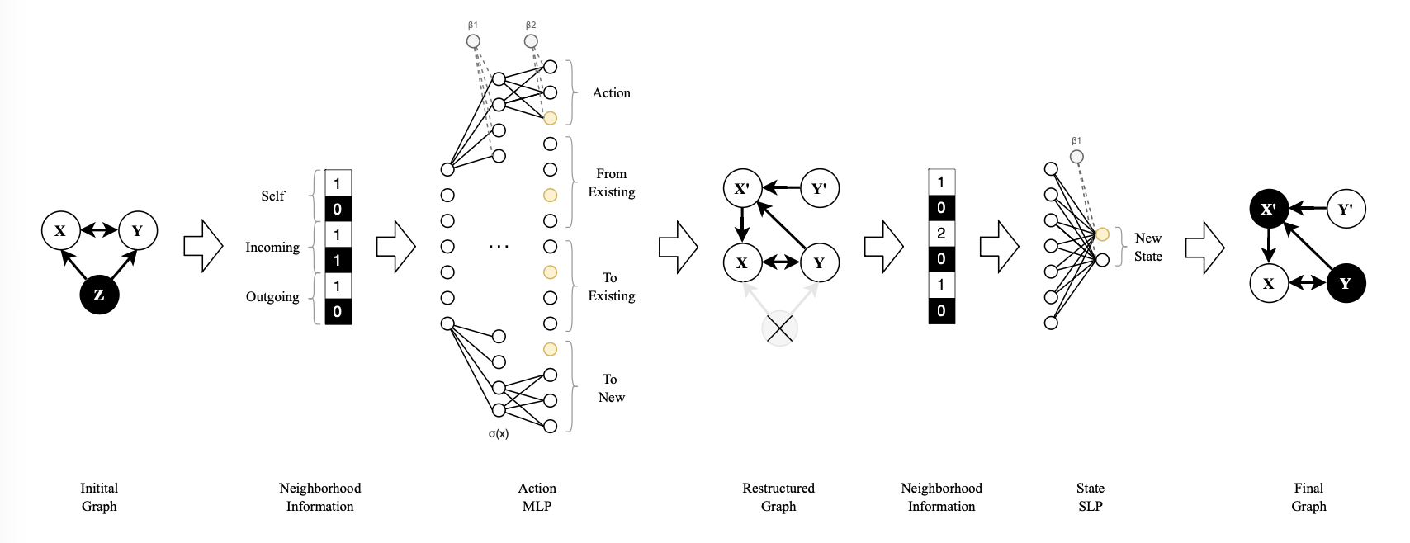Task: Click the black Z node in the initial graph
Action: coord(99,295)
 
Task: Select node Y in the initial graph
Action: coord(137,230)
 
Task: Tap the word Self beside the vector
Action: coord(272,196)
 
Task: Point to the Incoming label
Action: coord(272,247)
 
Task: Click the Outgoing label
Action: coord(272,297)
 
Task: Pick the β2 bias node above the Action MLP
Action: coord(531,41)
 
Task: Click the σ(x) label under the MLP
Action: coord(499,434)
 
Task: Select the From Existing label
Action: coord(612,183)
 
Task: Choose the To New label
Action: coord(611,388)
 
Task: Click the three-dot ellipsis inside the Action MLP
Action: coord(499,246)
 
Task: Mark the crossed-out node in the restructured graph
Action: coord(779,328)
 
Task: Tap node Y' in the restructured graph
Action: coord(819,188)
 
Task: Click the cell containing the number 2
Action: coord(941,234)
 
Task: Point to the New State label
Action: coord(1147,247)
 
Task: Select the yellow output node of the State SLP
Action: coord(1102,234)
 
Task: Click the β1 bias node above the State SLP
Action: coord(1076,157)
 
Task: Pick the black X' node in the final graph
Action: coord(1269,209)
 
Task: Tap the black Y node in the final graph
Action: coord(1346,283)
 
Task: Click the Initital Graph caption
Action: coord(99,497)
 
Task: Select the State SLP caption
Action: coord(1090,497)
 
